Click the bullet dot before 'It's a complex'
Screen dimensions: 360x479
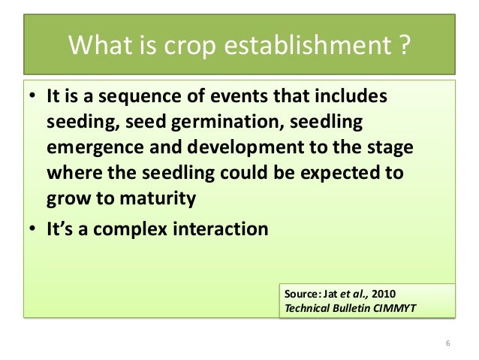[x=34, y=229]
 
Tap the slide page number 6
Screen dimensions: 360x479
[x=447, y=343]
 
